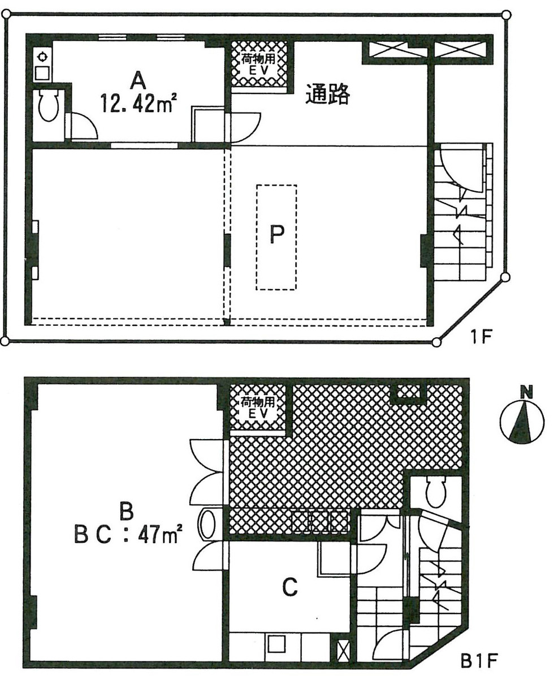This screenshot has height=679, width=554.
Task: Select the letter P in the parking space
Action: pos(276,235)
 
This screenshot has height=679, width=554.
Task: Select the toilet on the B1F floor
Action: pos(436,492)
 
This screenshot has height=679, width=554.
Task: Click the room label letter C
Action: pos(289,589)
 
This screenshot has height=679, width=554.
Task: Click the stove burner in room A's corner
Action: pos(42,56)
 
